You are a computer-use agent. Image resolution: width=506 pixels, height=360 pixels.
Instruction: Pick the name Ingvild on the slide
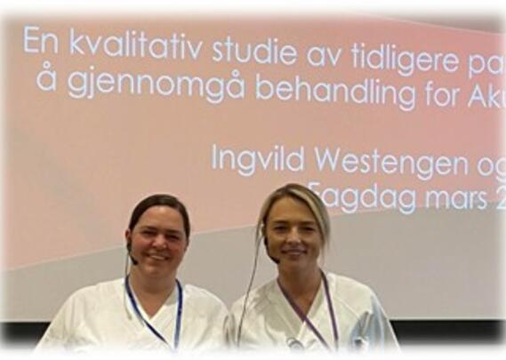coord(253,159)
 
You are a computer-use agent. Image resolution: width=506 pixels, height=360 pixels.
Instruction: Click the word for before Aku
coord(440,94)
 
